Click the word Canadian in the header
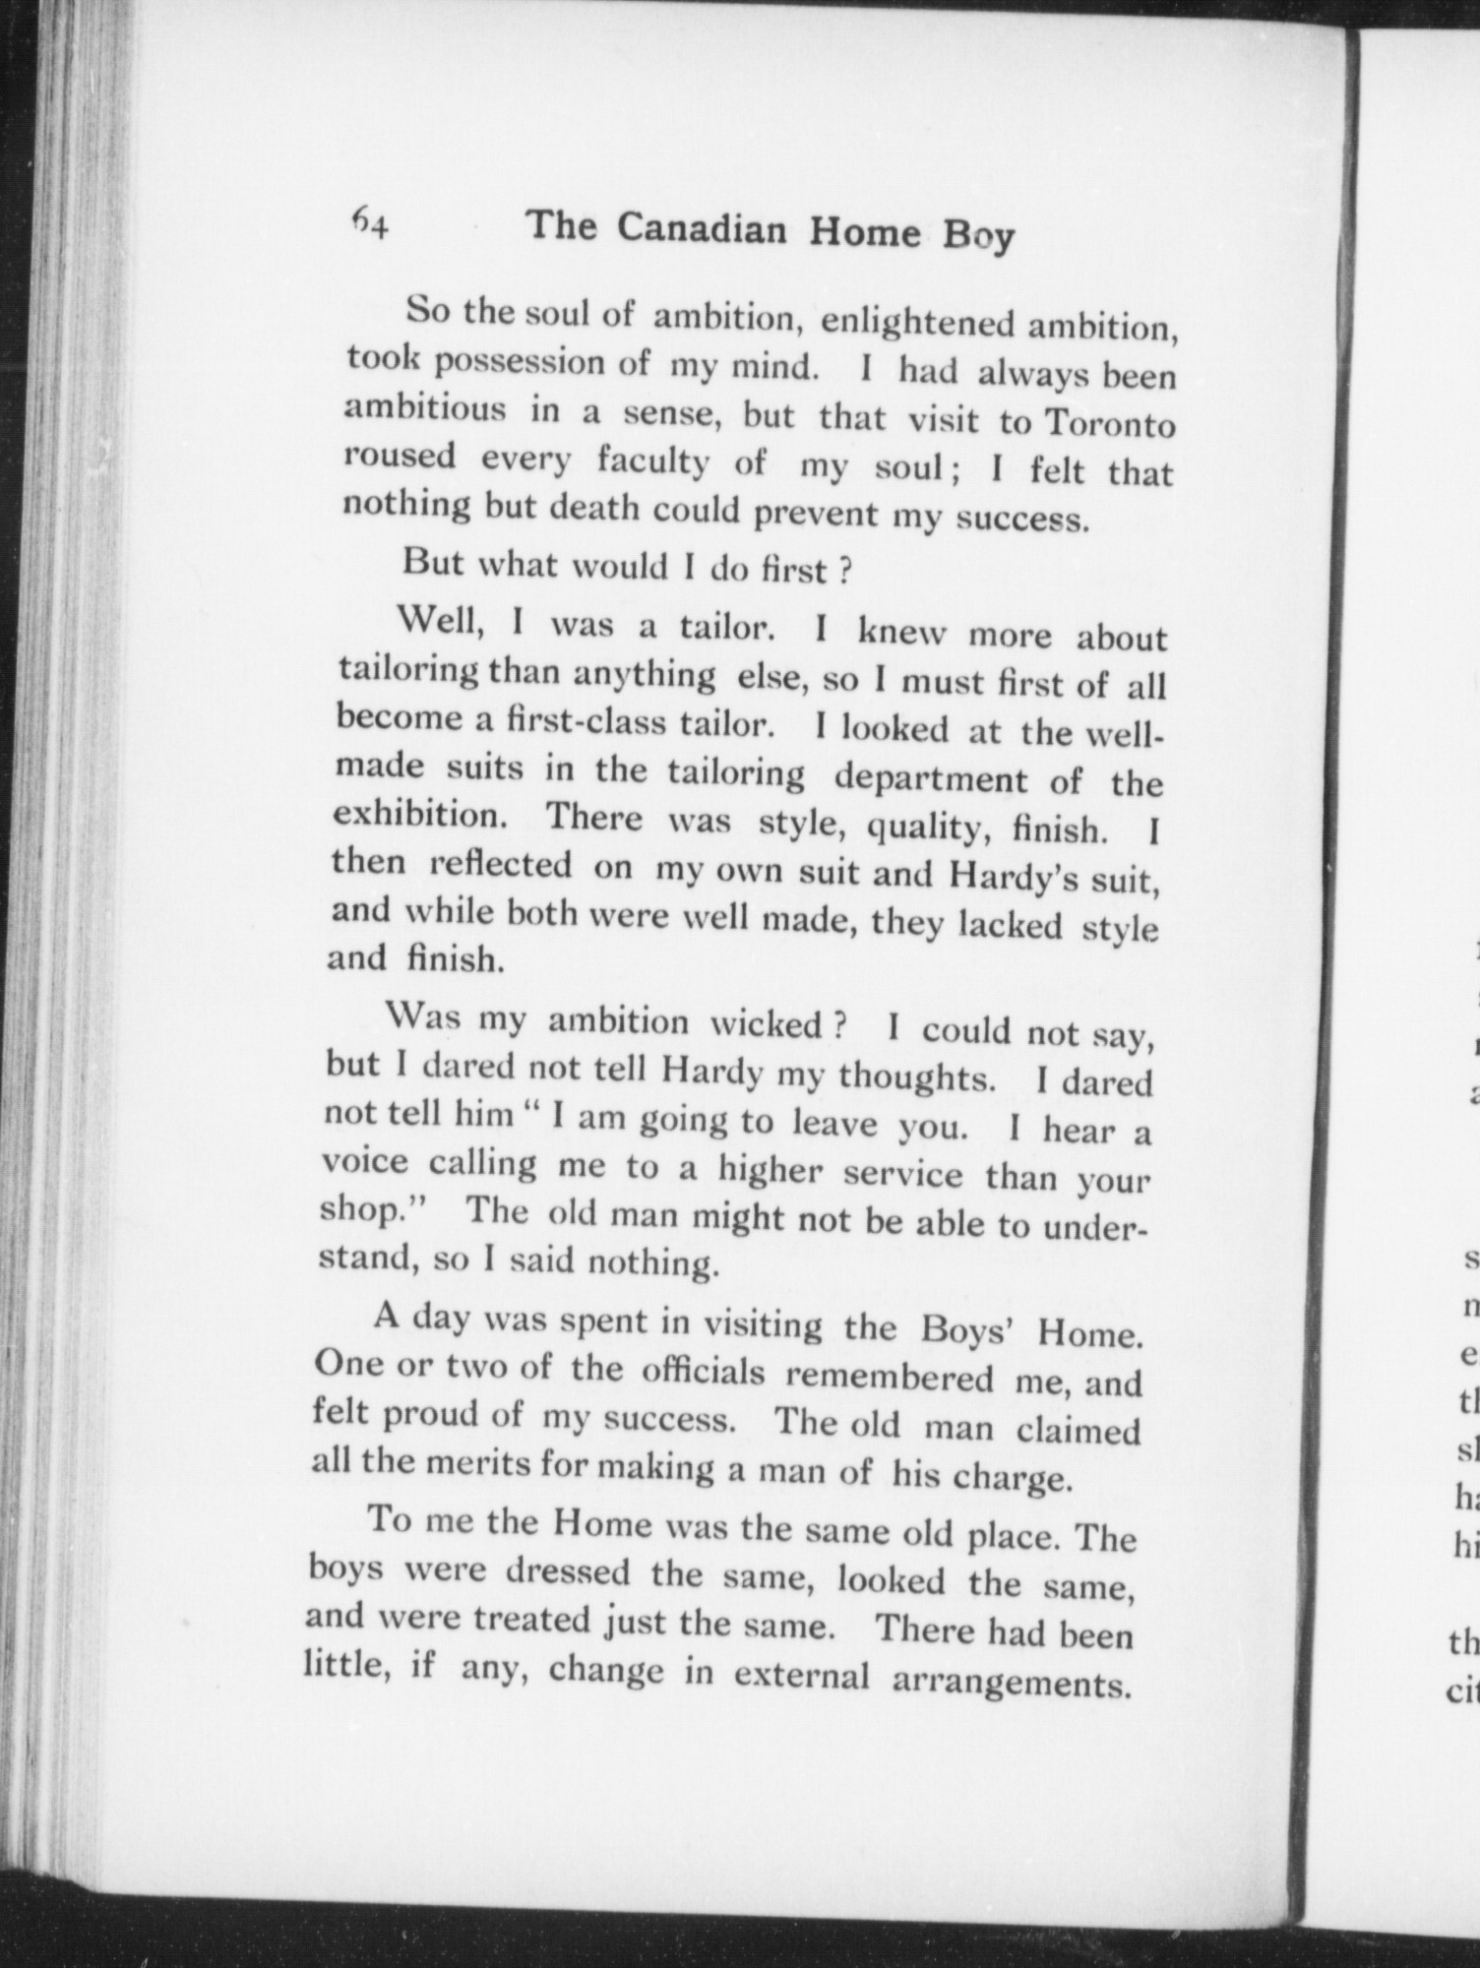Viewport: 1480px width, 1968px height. [x=702, y=230]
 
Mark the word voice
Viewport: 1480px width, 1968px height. [x=364, y=1162]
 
